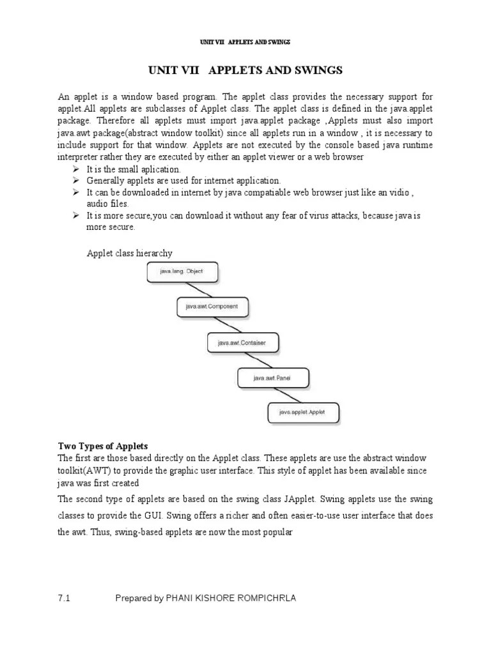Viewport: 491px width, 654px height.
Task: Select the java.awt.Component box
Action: click(x=212, y=307)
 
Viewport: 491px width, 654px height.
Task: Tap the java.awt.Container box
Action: click(x=242, y=343)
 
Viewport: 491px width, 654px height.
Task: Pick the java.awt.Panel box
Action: click(x=273, y=378)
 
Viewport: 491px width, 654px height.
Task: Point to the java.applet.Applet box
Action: click(x=303, y=413)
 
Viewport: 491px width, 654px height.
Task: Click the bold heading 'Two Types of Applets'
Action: click(x=103, y=446)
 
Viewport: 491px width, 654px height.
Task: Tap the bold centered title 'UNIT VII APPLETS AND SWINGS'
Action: click(x=245, y=70)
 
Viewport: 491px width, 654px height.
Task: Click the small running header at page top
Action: click(x=245, y=42)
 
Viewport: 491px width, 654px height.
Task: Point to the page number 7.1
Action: click(x=63, y=598)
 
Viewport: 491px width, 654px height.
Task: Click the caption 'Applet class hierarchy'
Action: click(x=130, y=254)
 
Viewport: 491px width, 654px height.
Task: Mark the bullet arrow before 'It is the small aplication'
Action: click(x=75, y=169)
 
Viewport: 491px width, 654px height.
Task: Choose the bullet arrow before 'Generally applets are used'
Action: click(x=75, y=181)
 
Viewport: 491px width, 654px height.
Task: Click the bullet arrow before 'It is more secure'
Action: click(x=75, y=215)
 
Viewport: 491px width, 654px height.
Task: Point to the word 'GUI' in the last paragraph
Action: click(x=166, y=515)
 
